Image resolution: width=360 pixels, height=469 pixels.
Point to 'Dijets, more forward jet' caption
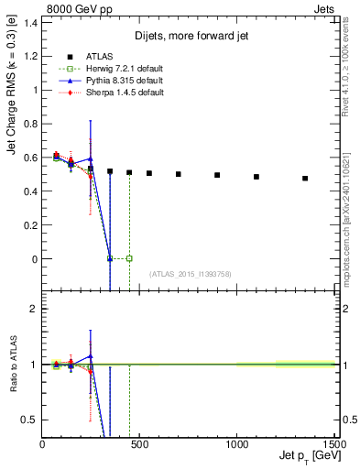point(189,36)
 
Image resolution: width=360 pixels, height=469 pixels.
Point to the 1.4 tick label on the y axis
point(29,22)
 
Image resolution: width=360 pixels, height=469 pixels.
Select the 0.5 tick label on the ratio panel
point(29,420)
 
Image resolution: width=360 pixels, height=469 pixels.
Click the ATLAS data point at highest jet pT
point(305,179)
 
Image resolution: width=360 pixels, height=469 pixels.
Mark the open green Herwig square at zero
point(129,258)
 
